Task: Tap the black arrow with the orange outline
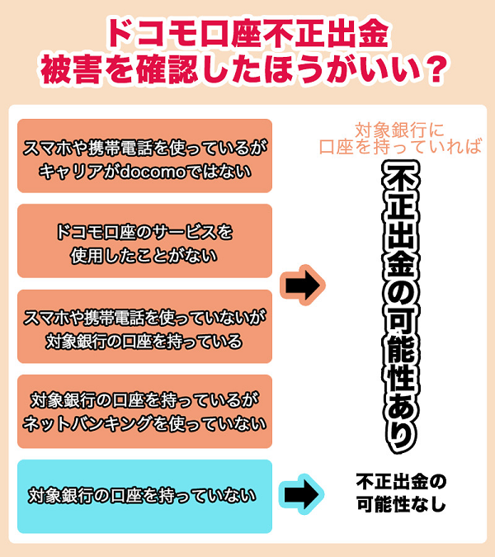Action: tap(303, 285)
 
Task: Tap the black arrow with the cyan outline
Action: tap(301, 494)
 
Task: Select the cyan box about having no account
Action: tap(145, 496)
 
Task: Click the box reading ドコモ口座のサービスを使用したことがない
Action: tap(145, 241)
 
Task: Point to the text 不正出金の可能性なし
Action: tap(401, 493)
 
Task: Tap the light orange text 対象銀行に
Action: tap(400, 130)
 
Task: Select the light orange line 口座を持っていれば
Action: tap(401, 147)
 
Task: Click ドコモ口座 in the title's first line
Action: tap(177, 34)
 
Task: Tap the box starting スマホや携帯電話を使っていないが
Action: tap(145, 326)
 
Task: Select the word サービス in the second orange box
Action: tap(183, 232)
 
